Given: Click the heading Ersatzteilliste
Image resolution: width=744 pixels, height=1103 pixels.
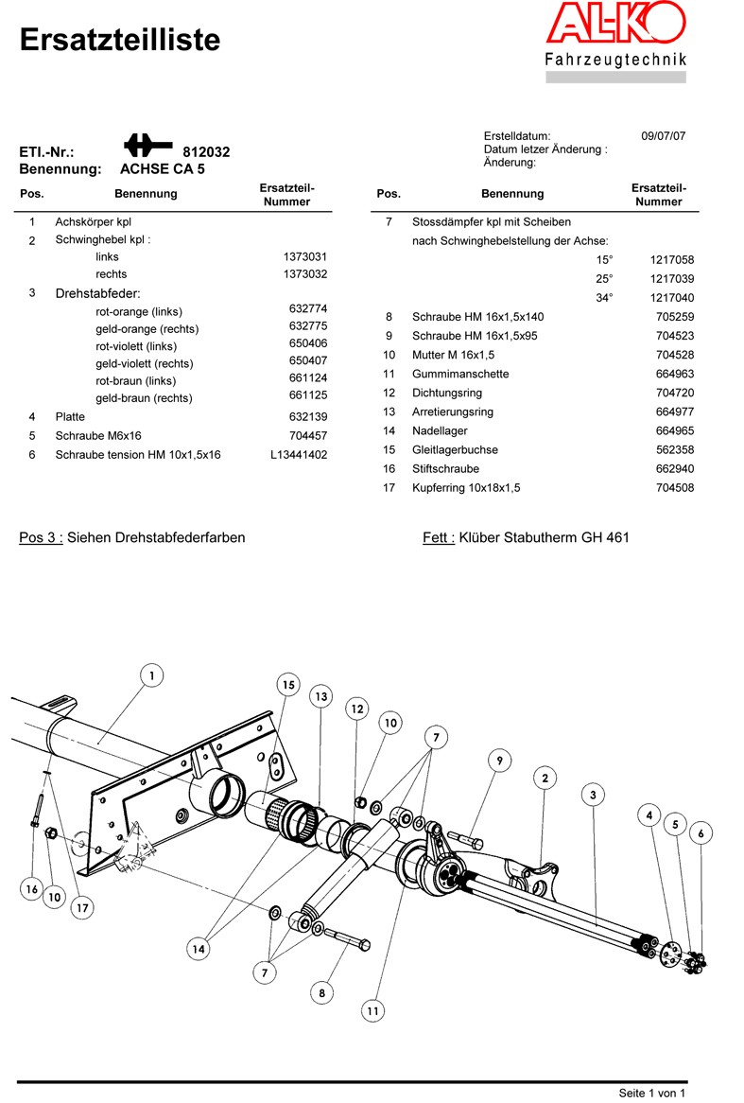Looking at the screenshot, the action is pos(119,40).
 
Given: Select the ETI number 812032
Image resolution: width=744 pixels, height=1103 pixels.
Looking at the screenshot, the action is pos(206,152).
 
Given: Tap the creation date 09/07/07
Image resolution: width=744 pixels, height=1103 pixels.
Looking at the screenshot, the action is pos(663,136).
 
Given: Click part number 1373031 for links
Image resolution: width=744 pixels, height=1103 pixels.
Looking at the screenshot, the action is pos(305,256).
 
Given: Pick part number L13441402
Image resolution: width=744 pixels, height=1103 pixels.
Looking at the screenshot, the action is pos(299,454).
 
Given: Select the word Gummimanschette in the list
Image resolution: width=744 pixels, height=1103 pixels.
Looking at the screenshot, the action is pos(460,374).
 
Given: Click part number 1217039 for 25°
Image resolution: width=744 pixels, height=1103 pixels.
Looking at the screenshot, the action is pos(672,278).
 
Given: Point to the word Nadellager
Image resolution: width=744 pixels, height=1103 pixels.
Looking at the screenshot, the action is pos(440,430).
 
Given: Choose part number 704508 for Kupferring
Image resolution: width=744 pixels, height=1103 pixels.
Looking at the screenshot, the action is pos(675,487).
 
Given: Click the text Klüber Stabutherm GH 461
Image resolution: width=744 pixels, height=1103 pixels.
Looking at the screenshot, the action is pos(545,537).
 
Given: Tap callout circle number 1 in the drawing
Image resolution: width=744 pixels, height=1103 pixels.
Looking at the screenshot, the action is pos(152,676).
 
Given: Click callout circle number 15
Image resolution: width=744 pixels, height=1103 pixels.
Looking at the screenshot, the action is pos(288,685).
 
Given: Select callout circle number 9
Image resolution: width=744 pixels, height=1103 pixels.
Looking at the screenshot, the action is pos(500,761).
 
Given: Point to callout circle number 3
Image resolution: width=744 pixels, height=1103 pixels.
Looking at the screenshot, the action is pos(593,795).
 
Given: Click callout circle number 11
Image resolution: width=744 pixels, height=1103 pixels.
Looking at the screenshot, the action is pos(372,1011).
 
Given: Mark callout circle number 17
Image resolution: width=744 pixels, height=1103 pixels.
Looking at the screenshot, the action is pos(82,907).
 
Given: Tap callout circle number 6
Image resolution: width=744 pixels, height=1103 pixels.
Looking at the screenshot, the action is pos(701,833).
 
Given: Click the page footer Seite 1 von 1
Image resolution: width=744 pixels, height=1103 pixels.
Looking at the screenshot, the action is pos(652,1093).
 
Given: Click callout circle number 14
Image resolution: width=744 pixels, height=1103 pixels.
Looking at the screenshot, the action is pos(199,949).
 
